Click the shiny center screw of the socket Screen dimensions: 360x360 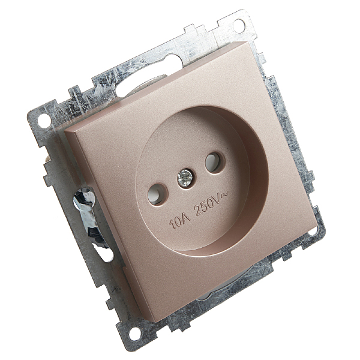point(185,177)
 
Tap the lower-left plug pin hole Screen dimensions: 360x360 point(157,193)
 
